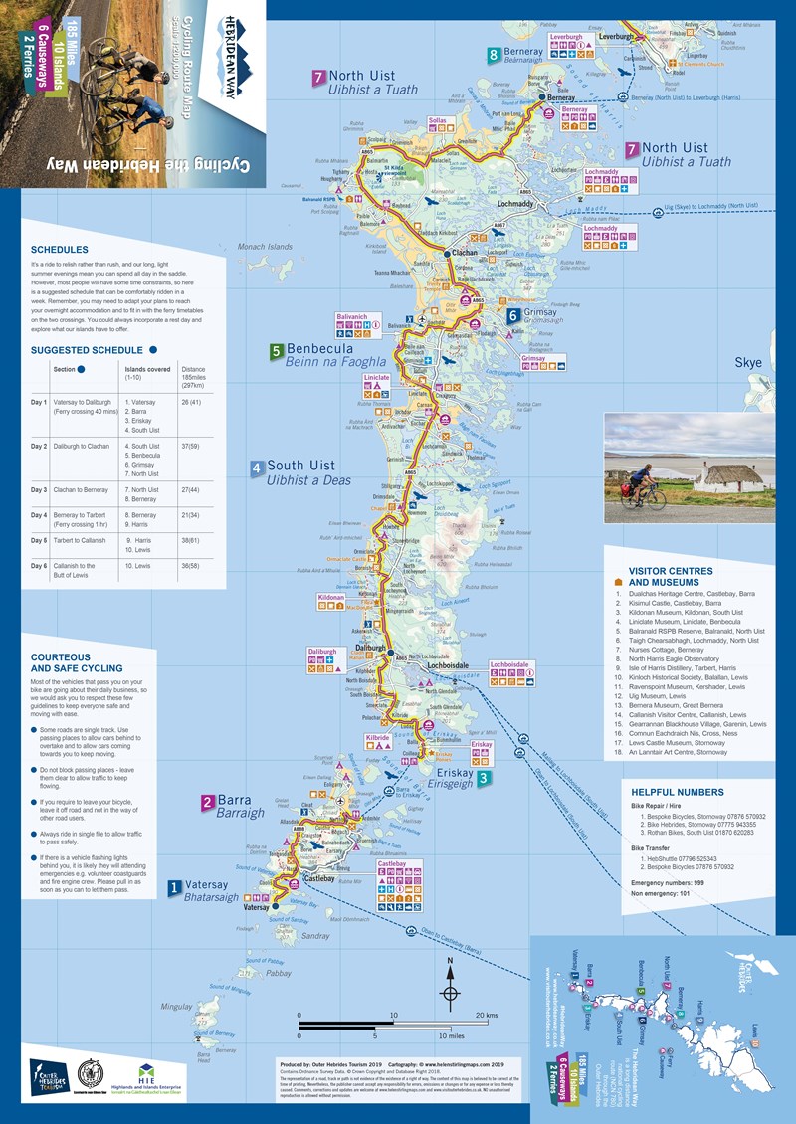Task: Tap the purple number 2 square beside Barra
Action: click(x=208, y=802)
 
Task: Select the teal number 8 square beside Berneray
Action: click(x=494, y=55)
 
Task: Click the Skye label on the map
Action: click(x=748, y=364)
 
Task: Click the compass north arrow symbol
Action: click(x=450, y=985)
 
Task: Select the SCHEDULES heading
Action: click(x=60, y=250)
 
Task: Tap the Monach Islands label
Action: click(x=266, y=246)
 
